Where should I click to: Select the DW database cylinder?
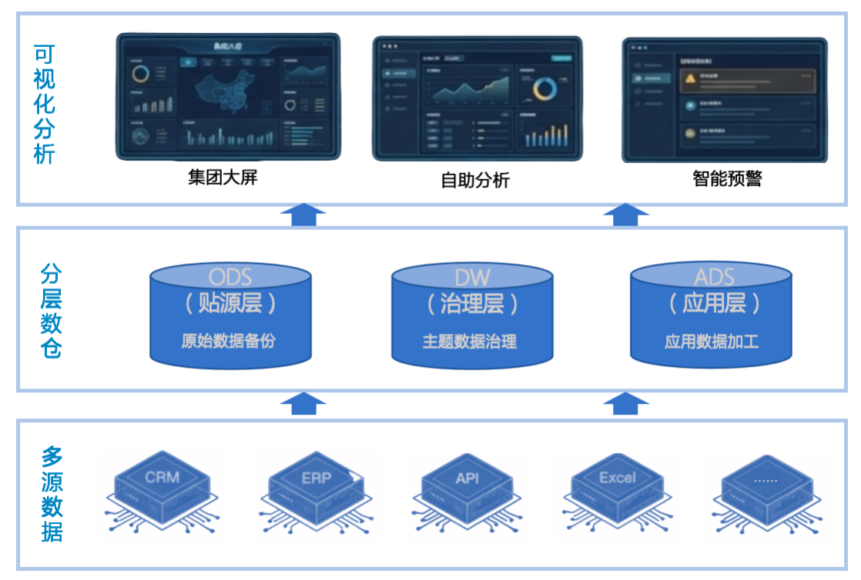(x=472, y=315)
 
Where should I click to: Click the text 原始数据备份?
(x=228, y=342)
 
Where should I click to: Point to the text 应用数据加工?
(x=712, y=342)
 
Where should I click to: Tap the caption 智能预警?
(x=727, y=179)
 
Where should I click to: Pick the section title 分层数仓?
(x=51, y=312)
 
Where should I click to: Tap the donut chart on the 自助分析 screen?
(x=544, y=89)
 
